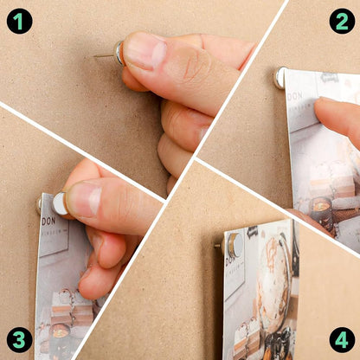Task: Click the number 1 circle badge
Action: (x=19, y=19)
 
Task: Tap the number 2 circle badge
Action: (x=340, y=19)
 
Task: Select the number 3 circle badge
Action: (x=19, y=340)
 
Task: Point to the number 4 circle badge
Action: (x=341, y=340)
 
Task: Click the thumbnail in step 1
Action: (x=145, y=50)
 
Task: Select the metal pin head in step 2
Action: (x=280, y=78)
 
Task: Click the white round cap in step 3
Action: (x=60, y=203)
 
